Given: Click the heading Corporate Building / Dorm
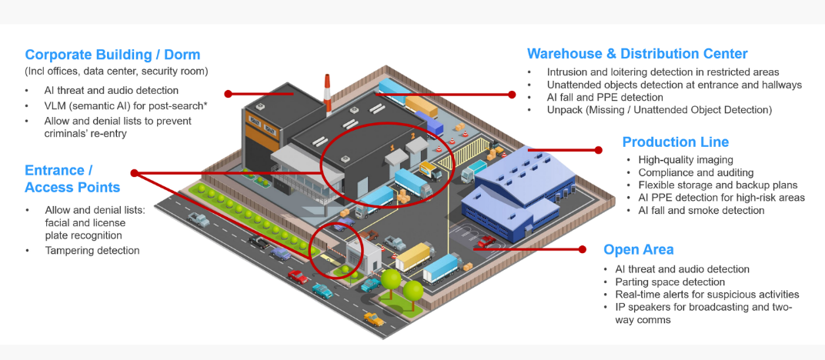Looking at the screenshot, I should click(112, 55).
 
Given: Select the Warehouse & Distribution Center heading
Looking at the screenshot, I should click(637, 54).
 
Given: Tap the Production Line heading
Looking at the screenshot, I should click(675, 142).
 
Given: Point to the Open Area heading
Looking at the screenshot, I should click(638, 249).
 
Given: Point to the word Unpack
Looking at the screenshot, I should click(564, 110).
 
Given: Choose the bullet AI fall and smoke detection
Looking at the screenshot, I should click(701, 210).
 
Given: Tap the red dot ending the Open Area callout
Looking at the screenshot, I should click(582, 249).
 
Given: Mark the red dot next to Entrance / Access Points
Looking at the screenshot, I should click(135, 173).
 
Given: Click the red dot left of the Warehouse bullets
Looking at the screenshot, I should click(512, 95).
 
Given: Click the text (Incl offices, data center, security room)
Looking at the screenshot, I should click(116, 72).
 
